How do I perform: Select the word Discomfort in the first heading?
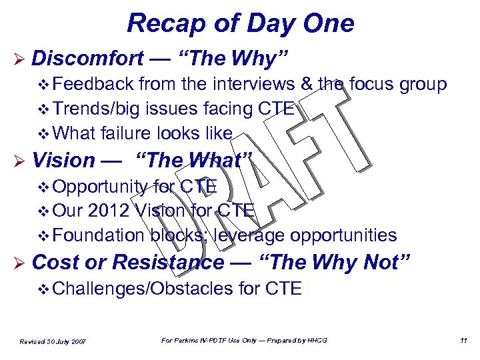click(87, 59)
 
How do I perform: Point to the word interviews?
click(247, 84)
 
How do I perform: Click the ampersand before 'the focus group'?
click(307, 84)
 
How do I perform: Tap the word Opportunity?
click(100, 186)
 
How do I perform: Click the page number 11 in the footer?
click(462, 341)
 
